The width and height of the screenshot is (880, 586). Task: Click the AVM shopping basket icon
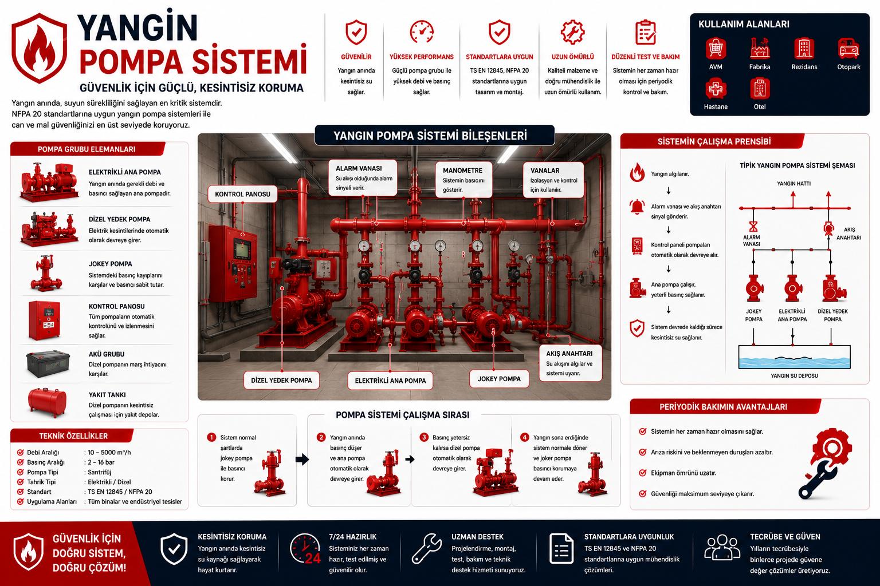pos(716,49)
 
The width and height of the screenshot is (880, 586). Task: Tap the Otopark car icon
pos(848,49)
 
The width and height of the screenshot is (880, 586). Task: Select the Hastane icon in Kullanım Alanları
pos(716,88)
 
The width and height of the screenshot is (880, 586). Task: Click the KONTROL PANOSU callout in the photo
pos(242,194)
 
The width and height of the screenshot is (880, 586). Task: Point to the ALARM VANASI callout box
pos(363,178)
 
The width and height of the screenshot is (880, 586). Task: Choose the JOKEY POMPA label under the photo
pos(499,379)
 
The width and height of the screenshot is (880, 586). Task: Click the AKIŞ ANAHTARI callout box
pos(571,363)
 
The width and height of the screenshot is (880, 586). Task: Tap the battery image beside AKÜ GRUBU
pos(48,363)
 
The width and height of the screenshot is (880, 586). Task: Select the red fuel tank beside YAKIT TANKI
pos(48,402)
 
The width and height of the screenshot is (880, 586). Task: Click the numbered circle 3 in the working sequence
pos(424,437)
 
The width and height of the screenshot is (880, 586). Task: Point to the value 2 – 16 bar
pos(101,462)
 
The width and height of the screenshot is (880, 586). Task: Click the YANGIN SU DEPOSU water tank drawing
pos(795,357)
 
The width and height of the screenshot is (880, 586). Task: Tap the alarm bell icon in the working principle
pos(637,207)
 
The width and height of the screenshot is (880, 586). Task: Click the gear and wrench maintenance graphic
pos(826,464)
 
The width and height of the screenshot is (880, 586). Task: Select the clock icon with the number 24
pos(305,548)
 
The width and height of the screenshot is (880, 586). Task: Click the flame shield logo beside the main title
pos(39,48)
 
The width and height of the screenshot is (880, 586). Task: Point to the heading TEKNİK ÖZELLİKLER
pos(73,436)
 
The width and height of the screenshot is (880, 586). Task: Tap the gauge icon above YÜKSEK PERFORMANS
pos(422,32)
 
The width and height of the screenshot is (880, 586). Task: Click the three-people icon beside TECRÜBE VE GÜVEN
pos(722,548)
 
